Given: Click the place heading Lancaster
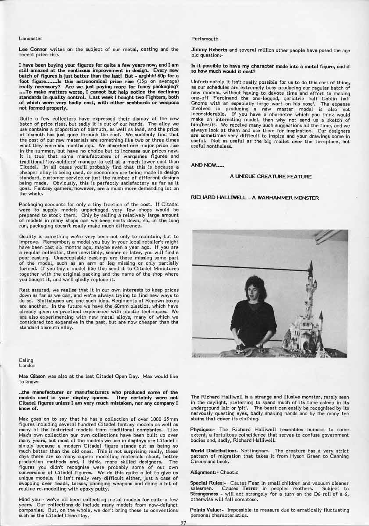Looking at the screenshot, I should (x=31, y=39).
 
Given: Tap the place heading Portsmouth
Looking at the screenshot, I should (x=204, y=39).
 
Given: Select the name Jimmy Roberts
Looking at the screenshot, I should (x=209, y=50).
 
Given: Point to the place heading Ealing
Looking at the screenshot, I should (x=26, y=360).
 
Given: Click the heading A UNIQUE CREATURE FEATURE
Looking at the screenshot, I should (x=271, y=177).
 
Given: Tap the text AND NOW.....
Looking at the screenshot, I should (x=202, y=165).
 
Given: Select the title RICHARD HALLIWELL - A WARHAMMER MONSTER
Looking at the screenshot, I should (x=255, y=198).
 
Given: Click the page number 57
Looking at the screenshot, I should (x=184, y=522).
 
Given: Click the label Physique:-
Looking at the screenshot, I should (x=204, y=430).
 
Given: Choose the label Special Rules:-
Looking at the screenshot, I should (x=208, y=483).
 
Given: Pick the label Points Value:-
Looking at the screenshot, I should (x=207, y=510).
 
